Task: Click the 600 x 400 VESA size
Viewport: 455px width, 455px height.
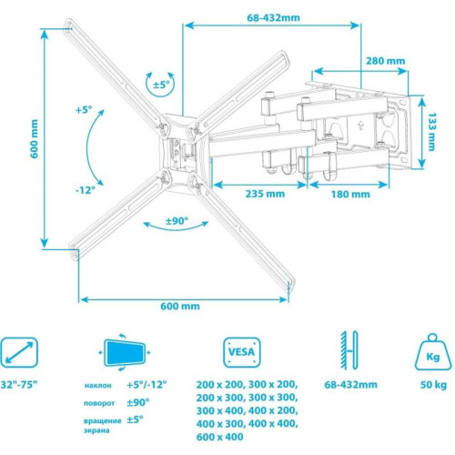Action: (x=219, y=435)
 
